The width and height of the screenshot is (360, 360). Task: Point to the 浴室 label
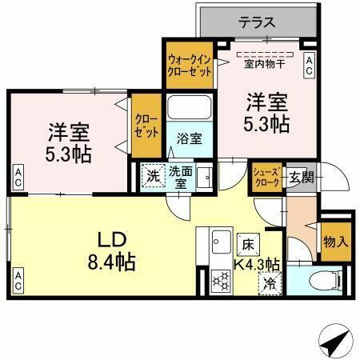tap(189, 138)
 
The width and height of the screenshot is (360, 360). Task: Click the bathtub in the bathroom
tap(189, 109)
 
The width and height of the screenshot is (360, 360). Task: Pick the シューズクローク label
tap(266, 176)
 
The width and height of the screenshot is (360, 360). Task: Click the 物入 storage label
tap(334, 242)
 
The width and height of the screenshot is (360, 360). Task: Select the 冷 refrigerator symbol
tap(270, 282)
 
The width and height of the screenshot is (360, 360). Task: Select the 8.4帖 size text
tap(110, 261)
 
